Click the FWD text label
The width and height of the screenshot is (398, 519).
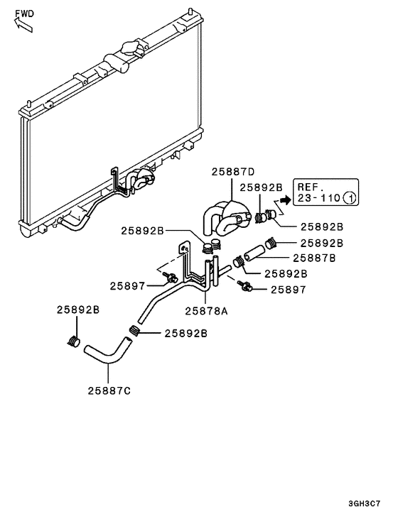(x=23, y=12)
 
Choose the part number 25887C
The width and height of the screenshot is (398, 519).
(x=109, y=390)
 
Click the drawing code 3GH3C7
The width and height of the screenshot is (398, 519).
(x=372, y=506)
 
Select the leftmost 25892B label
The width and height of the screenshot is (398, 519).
(x=77, y=310)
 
